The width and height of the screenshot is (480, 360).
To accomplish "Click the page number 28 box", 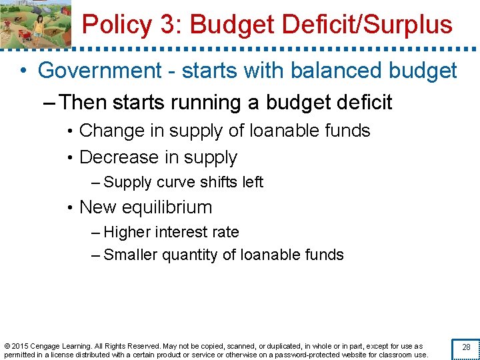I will (466, 347).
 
